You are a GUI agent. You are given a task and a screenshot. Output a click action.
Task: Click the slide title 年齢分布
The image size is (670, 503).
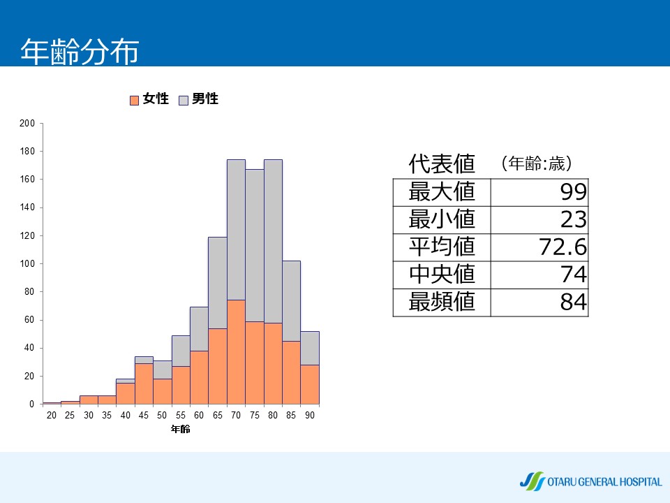click(80, 52)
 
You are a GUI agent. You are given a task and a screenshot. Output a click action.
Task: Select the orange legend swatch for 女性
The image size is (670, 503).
click(134, 100)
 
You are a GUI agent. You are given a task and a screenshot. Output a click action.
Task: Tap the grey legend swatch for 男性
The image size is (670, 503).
click(184, 100)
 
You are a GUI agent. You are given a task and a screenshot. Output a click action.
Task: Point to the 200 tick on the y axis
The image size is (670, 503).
click(27, 123)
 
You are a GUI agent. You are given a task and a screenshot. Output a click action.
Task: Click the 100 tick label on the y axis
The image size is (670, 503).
click(27, 263)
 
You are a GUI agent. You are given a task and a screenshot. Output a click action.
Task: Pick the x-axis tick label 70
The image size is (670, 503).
click(236, 415)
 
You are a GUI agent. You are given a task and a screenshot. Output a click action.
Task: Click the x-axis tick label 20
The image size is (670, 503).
click(51, 415)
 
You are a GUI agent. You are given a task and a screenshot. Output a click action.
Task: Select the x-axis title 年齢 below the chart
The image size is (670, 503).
click(180, 429)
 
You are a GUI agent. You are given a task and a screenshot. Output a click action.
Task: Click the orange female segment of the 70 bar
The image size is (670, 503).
click(237, 352)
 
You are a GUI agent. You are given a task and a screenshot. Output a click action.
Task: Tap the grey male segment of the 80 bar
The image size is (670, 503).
click(273, 241)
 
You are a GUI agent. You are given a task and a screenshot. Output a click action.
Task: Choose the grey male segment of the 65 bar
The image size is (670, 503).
click(218, 283)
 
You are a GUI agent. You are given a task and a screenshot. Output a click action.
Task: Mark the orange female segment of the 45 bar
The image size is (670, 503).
click(144, 384)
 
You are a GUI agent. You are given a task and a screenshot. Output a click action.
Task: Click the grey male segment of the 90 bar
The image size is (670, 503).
click(310, 348)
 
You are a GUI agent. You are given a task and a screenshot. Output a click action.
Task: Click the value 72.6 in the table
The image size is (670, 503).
click(563, 247)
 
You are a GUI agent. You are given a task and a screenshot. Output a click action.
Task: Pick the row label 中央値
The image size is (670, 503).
click(442, 274)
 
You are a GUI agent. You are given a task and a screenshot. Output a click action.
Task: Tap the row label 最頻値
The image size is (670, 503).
click(442, 302)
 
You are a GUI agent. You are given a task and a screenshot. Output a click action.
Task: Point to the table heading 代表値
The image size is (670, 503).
click(442, 163)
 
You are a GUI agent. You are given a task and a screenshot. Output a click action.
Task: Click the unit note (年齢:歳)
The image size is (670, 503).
click(537, 163)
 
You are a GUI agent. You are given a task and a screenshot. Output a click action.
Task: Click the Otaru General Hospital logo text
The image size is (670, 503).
click(604, 482)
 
